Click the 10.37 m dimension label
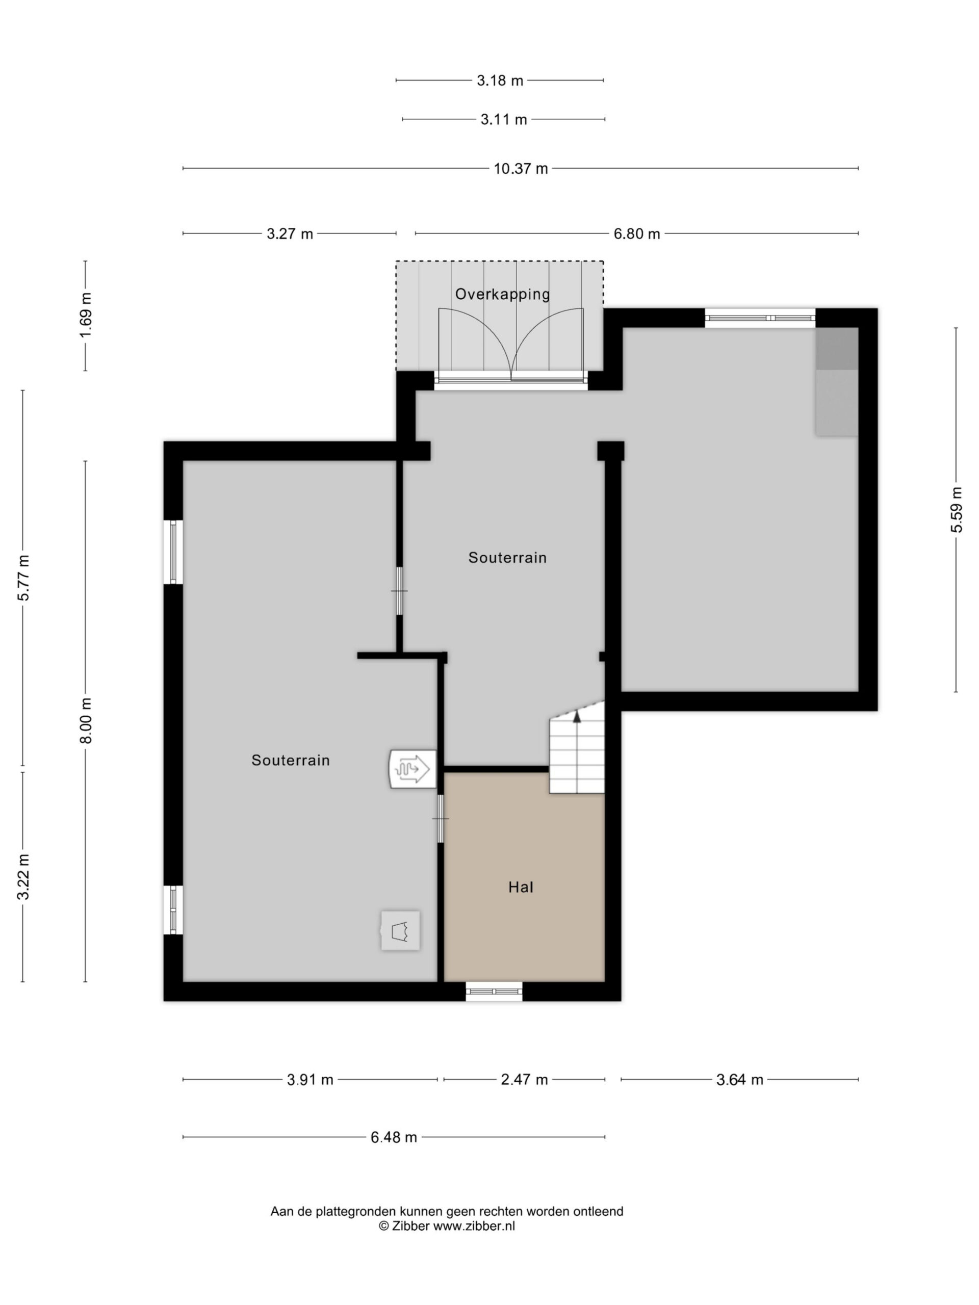click(521, 169)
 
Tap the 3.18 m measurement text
click(500, 80)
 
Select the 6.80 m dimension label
click(637, 233)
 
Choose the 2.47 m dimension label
click(524, 1080)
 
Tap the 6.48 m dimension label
click(394, 1137)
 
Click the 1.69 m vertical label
click(86, 316)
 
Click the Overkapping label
click(502, 294)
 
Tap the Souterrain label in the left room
click(290, 760)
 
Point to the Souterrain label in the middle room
click(507, 558)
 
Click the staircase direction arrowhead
click(577, 716)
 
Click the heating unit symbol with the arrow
click(413, 769)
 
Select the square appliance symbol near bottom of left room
click(400, 930)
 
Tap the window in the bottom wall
click(494, 991)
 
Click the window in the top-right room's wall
click(760, 318)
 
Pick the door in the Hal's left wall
click(440, 818)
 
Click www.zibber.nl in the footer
click(474, 1225)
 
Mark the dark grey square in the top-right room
click(837, 349)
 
